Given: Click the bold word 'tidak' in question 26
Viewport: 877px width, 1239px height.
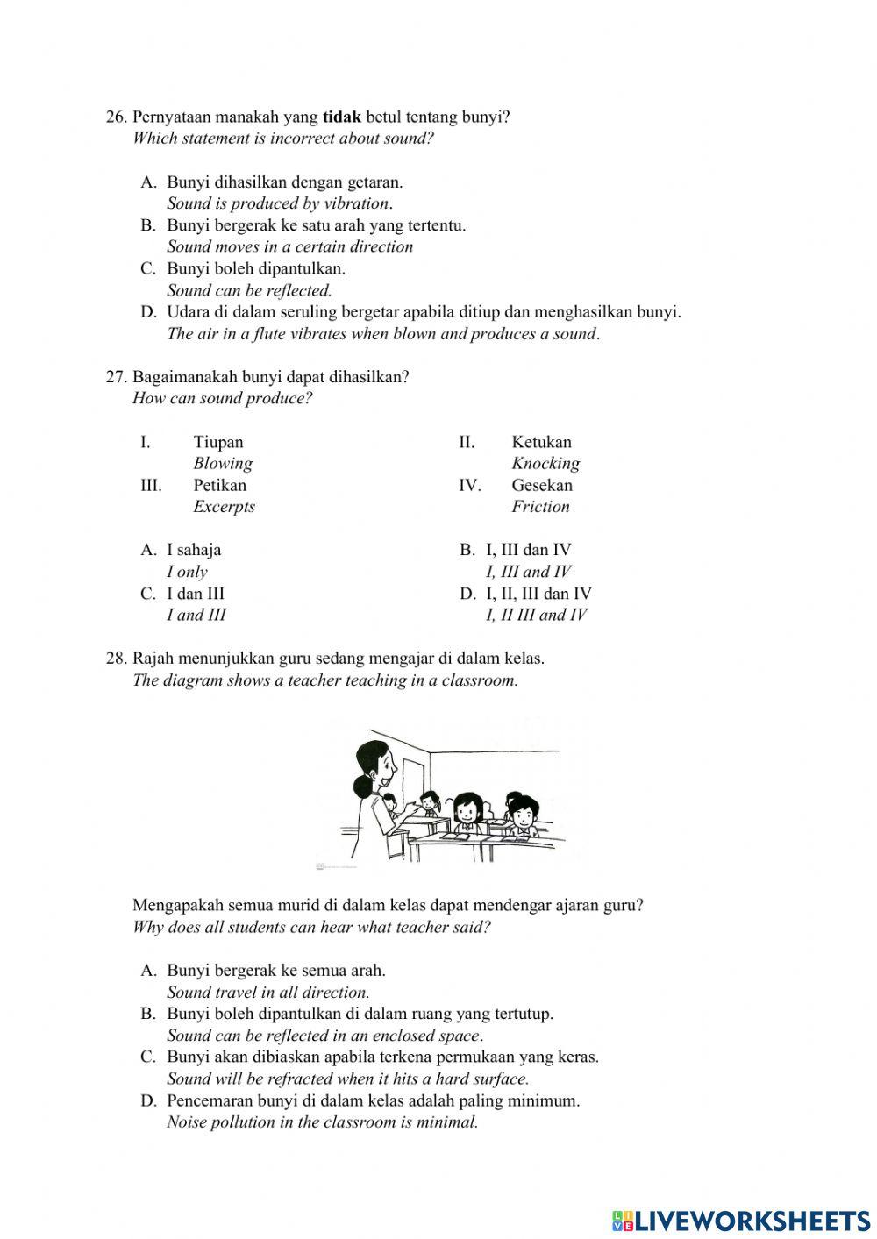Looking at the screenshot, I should pos(342,117).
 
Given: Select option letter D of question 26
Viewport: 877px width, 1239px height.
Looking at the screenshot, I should pos(148,312).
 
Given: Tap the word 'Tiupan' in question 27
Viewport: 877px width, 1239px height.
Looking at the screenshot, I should pos(218,442).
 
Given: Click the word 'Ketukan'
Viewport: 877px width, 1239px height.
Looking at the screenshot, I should pos(541,442).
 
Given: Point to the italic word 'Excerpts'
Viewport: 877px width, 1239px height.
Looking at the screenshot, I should pos(224,507).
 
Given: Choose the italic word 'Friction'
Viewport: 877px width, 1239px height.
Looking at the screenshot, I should pos(540,507).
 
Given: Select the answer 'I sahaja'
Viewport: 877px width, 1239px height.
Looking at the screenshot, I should pos(194,550).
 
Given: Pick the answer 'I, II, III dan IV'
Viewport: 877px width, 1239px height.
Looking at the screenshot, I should pos(538,594).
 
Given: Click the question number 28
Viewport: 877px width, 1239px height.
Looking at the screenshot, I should pos(117,659).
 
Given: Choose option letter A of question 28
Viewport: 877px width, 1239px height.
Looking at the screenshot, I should pos(148,971).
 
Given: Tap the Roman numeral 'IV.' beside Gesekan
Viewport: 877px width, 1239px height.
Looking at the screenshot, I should pos(470,485).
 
